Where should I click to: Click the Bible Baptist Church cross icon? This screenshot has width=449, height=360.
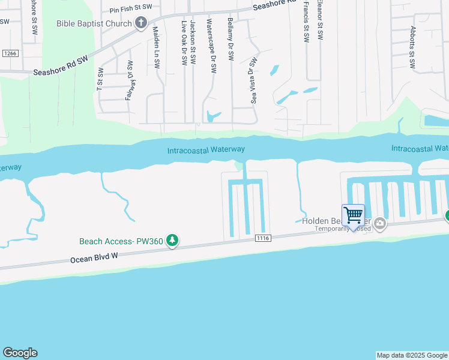(x=141, y=24)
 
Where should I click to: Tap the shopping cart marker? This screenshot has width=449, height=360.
(x=353, y=215)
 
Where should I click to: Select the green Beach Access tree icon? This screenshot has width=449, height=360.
(x=172, y=241)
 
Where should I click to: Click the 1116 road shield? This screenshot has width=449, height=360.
(x=262, y=238)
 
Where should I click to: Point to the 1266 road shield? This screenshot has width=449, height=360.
(x=9, y=53)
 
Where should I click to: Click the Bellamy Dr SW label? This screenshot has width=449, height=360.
(x=231, y=39)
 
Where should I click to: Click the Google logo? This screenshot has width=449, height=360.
(x=20, y=353)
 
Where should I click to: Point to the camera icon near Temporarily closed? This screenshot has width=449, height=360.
(x=379, y=224)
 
